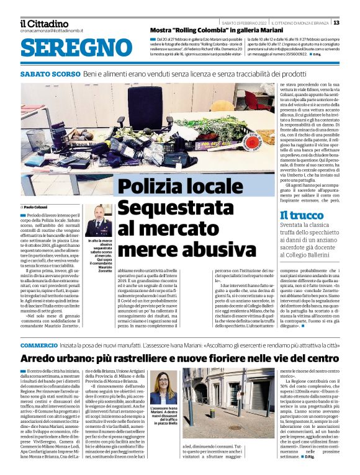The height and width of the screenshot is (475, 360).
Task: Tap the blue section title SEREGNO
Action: click(x=72, y=48)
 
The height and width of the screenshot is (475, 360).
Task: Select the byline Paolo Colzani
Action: click(x=37, y=206)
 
